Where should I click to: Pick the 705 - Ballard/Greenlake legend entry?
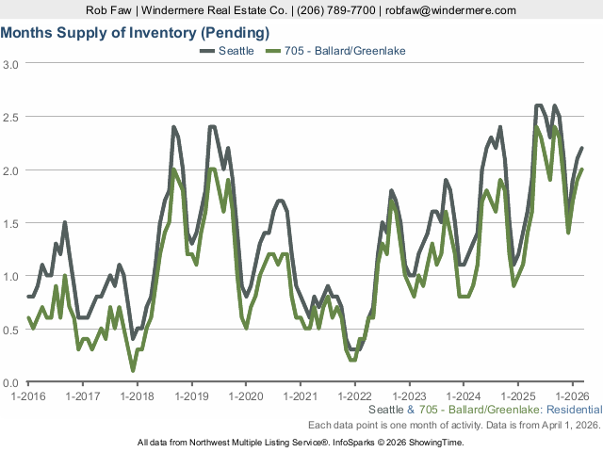pos(343,50)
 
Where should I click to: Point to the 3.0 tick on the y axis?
pos(10,64)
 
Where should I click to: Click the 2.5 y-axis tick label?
pos(10,117)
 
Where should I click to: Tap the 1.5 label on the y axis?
pos(10,223)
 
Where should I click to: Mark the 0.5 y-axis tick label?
pos(10,330)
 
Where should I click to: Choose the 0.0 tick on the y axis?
pos(10,382)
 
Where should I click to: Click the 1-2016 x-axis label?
pos(28,396)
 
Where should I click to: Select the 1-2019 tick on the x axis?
pos(191,396)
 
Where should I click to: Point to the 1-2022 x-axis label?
pos(354,396)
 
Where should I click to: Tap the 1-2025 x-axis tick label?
pos(517,396)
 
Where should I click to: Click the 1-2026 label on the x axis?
pos(572,396)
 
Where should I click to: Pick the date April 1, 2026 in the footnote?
pos(567,426)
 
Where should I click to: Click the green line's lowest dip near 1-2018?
pos(133,371)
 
